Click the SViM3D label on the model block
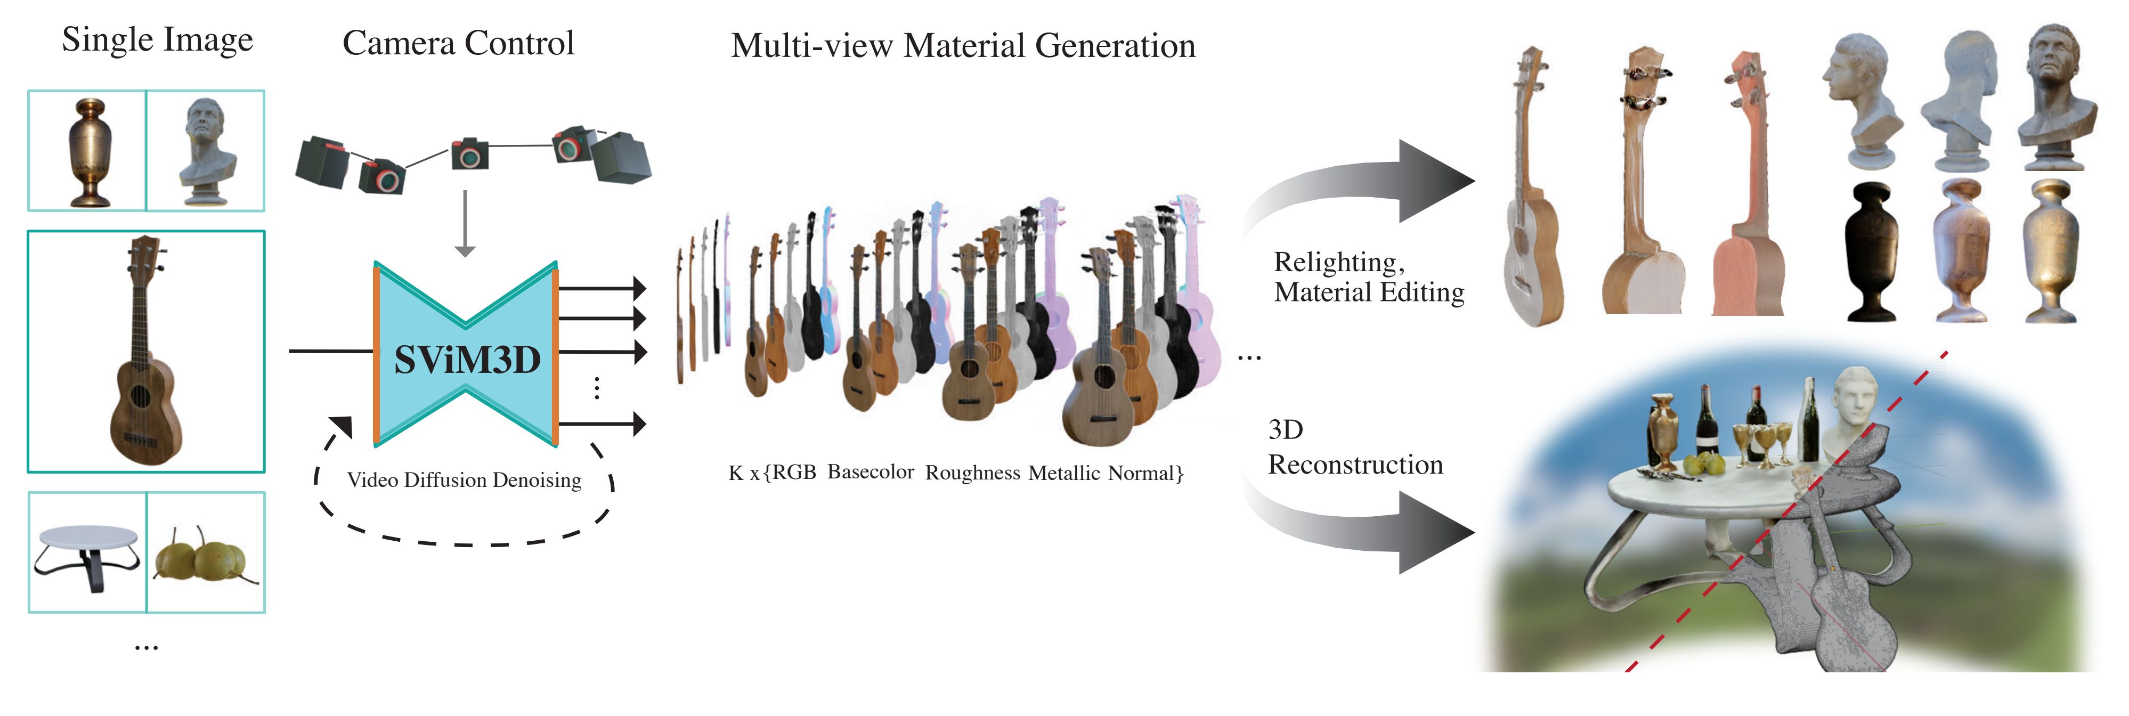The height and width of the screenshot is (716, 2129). pyautogui.click(x=467, y=360)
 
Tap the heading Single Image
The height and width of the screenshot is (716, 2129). pyautogui.click(x=157, y=39)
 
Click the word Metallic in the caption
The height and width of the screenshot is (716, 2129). pyautogui.click(x=1063, y=473)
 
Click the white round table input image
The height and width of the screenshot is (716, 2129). pyautogui.click(x=87, y=552)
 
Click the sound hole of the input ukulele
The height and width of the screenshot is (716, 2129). pyautogui.click(x=140, y=397)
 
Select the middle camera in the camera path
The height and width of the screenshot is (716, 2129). pyautogui.click(x=469, y=154)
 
